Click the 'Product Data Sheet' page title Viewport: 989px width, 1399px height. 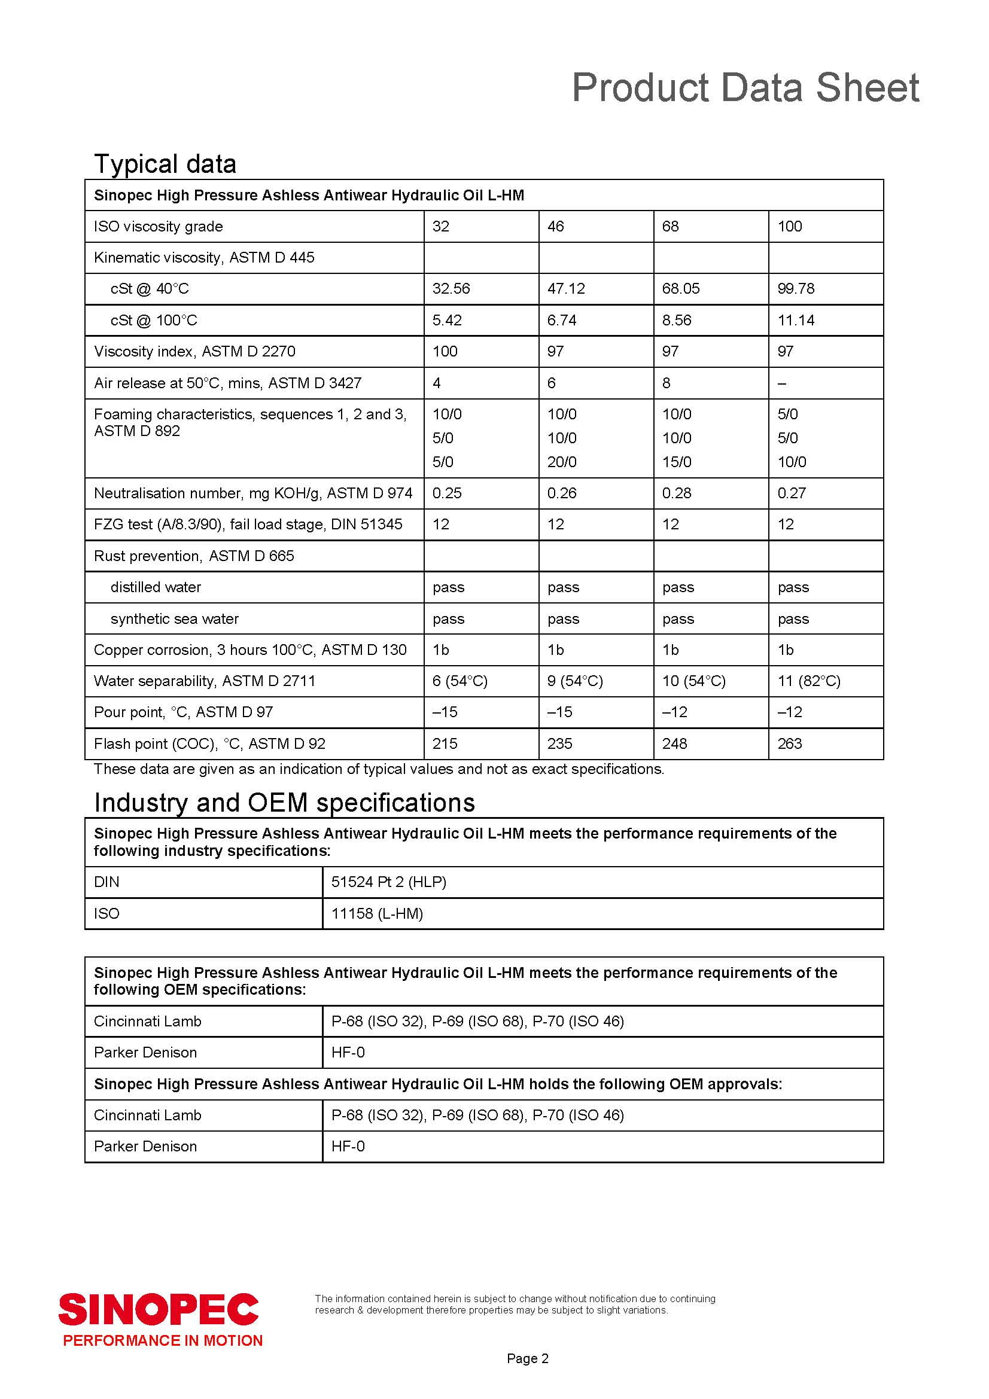pos(745,88)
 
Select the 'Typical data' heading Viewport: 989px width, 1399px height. pos(165,164)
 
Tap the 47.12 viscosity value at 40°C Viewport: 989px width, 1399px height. pos(565,289)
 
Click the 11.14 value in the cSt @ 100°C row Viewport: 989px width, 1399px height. pos(795,321)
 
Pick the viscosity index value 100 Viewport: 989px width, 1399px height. pos(444,352)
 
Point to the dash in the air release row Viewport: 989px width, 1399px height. pos(782,383)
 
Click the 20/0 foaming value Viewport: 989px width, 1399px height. pos(561,462)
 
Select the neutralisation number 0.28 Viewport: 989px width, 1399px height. pos(677,493)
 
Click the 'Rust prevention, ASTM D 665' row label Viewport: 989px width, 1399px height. pos(194,556)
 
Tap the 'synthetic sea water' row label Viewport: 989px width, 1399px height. pos(174,618)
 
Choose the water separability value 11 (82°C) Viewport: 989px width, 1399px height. pos(809,681)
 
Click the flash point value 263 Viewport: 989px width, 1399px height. pos(789,743)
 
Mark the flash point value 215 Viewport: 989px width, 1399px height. pos(444,743)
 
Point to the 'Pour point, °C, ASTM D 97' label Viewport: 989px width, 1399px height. pos(184,712)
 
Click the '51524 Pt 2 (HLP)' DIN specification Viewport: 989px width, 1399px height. pos(389,882)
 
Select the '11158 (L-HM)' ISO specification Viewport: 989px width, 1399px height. pos(376,913)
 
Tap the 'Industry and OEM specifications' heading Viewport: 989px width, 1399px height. pos(284,803)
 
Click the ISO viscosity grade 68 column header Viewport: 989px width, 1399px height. pos(670,227)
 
